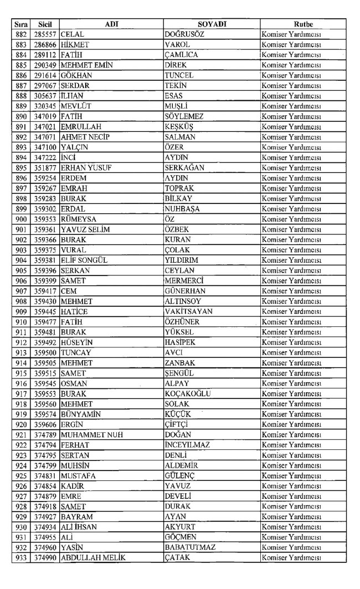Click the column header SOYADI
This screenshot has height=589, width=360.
point(211,23)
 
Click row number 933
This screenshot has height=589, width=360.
point(20,557)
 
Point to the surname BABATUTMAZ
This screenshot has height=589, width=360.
point(191,547)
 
